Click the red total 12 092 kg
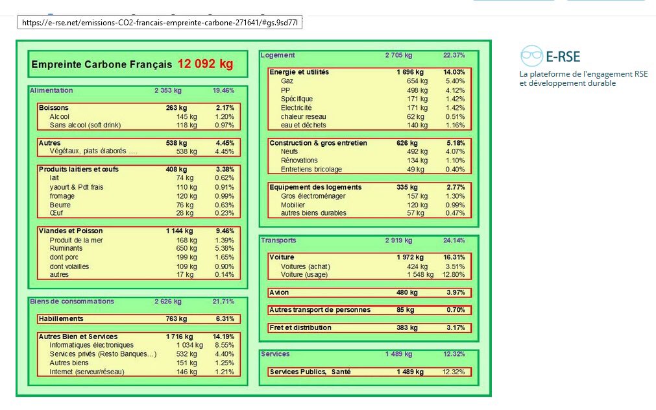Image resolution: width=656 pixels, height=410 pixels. (x=205, y=64)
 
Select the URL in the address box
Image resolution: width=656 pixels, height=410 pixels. (x=160, y=23)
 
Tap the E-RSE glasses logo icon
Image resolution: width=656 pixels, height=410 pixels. (x=531, y=56)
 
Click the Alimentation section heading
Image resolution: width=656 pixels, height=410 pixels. (x=51, y=90)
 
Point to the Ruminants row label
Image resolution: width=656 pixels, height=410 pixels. (x=66, y=248)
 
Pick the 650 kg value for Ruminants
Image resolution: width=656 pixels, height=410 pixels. (x=186, y=248)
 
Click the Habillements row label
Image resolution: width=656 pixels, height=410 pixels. (x=61, y=318)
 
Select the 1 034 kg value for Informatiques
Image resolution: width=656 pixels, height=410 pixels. (x=189, y=345)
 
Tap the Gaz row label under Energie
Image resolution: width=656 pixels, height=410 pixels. (x=287, y=81)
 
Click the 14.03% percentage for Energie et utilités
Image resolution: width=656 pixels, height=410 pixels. (x=454, y=72)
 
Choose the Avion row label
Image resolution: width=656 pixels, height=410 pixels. (x=279, y=292)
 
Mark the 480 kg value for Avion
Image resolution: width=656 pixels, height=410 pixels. (x=407, y=292)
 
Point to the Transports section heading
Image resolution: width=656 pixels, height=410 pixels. (x=278, y=240)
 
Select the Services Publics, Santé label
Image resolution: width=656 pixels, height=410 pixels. (x=310, y=372)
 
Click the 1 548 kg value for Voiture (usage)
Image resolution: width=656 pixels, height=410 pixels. (x=420, y=275)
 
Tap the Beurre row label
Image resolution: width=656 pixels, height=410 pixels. (x=60, y=205)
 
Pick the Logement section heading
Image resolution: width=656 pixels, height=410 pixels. (x=277, y=55)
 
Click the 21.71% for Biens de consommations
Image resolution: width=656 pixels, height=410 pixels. (x=223, y=301)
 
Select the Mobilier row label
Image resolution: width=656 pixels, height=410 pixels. (x=293, y=205)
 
